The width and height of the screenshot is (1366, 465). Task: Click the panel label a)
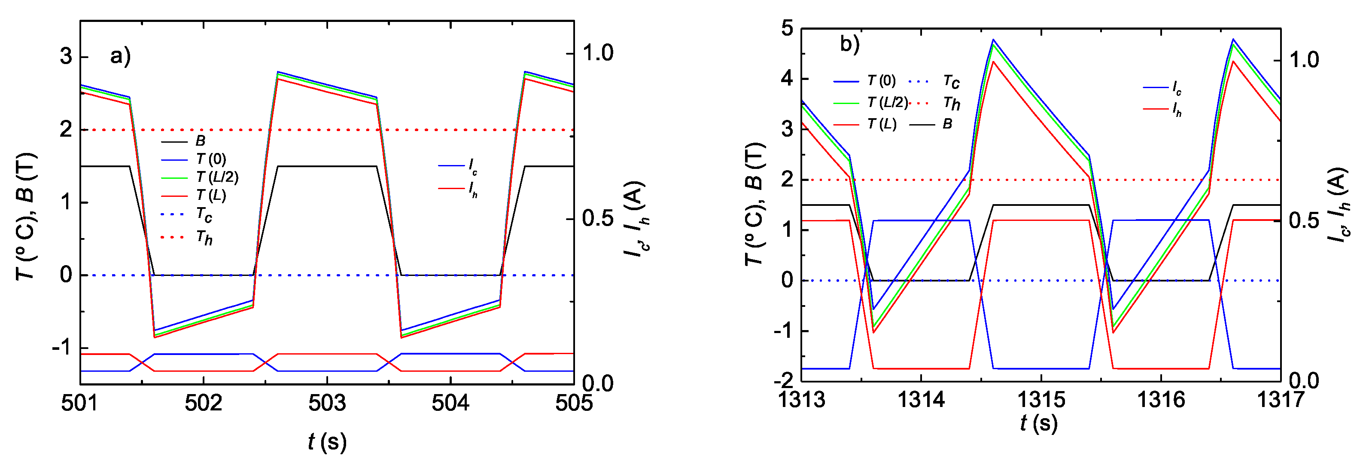click(120, 56)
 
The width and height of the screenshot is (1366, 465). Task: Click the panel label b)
click(849, 44)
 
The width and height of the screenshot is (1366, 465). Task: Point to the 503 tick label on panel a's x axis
click(327, 404)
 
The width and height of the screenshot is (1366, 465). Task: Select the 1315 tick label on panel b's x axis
click(1041, 400)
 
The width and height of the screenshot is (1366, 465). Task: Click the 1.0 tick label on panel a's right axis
click(598, 53)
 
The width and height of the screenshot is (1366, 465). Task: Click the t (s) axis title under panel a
click(327, 442)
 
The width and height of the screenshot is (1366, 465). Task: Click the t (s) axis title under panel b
click(1038, 423)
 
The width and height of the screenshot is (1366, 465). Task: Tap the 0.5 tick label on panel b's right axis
click(1304, 221)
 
